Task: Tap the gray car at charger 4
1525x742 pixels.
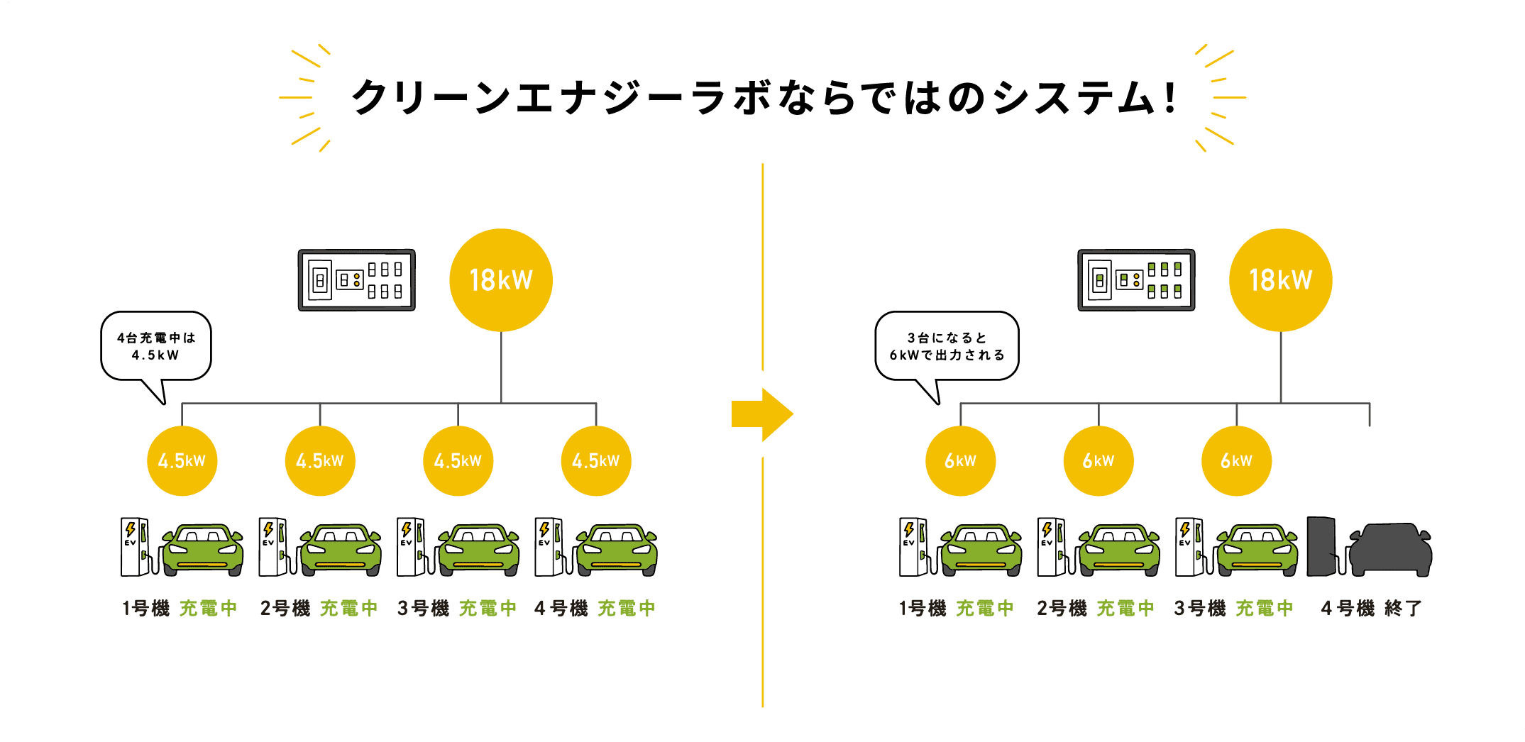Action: [1389, 550]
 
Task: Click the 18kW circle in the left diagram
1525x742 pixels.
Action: [501, 280]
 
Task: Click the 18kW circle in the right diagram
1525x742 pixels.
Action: [1280, 280]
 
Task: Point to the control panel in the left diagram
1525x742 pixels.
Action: [356, 280]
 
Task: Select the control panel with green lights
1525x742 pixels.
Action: [1135, 280]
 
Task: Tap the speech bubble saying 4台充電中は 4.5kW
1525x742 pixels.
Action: [156, 346]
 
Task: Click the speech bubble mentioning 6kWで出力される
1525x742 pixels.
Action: [947, 346]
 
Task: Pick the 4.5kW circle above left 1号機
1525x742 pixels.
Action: [182, 461]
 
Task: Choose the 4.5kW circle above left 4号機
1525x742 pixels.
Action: [595, 461]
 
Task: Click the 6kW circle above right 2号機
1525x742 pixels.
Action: [1098, 461]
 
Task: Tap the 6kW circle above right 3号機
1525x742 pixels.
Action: [1235, 461]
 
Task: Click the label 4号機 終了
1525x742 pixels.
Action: [1371, 609]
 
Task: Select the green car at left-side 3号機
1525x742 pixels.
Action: [478, 550]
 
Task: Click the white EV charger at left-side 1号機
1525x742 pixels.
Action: [134, 547]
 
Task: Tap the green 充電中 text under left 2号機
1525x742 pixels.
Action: [348, 609]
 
